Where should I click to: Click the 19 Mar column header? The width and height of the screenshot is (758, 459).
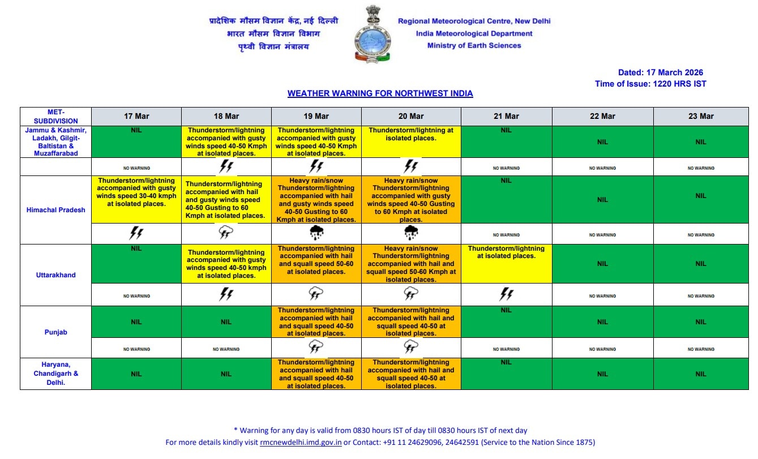[x=316, y=116]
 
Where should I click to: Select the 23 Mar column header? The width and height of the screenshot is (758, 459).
[x=701, y=116]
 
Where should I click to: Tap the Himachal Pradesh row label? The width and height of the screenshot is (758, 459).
[x=55, y=210]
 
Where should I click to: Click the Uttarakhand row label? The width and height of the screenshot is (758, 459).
[x=55, y=275]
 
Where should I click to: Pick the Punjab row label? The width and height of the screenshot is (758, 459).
[x=55, y=332]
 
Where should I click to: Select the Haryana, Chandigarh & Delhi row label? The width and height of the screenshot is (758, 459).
[x=55, y=374]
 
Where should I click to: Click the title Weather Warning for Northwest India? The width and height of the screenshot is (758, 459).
[x=380, y=93]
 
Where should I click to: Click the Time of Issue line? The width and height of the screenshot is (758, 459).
[x=650, y=84]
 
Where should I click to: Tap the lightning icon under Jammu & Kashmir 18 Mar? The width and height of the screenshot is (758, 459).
[x=226, y=166]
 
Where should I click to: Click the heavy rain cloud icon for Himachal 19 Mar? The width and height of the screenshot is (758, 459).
[x=316, y=233]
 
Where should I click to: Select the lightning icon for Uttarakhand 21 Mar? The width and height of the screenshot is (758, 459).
[x=506, y=294]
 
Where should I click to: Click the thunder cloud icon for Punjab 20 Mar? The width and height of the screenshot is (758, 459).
[x=410, y=347]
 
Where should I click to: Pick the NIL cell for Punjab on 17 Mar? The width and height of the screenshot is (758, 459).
[x=136, y=322]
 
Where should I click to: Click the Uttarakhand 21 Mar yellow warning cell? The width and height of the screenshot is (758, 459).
[x=506, y=263]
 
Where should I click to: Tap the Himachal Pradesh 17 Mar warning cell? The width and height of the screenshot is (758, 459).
[x=136, y=199]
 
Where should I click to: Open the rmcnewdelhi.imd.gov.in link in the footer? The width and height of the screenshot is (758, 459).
[x=301, y=443]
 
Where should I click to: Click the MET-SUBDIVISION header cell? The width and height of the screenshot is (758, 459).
[x=55, y=116]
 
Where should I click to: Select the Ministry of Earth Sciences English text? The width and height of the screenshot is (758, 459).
[x=474, y=46]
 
